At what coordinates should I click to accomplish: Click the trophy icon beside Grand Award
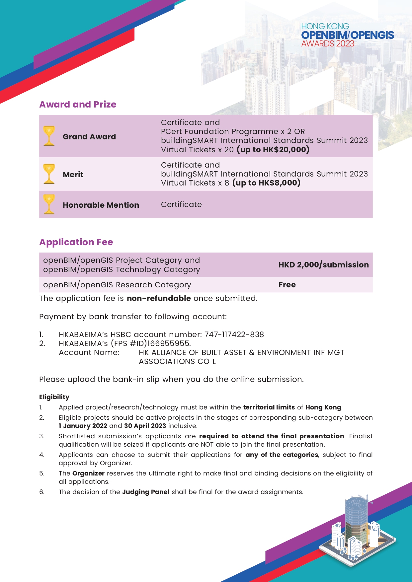(x=49, y=136)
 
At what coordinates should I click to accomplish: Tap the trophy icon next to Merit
(x=49, y=174)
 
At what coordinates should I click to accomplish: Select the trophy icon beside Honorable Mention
(x=49, y=204)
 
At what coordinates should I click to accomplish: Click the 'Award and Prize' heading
(x=78, y=105)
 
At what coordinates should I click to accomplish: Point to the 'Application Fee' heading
(x=76, y=242)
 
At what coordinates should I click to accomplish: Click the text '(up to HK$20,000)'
(x=273, y=150)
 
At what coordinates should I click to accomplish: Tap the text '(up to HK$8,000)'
(x=266, y=183)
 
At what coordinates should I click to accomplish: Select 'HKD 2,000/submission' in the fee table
(x=323, y=265)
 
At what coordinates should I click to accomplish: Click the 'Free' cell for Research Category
(x=287, y=285)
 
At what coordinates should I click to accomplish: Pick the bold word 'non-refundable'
(x=159, y=298)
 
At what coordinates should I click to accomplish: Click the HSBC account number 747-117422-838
(x=234, y=334)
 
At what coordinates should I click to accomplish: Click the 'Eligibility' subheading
(x=54, y=397)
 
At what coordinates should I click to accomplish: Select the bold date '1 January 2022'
(x=83, y=426)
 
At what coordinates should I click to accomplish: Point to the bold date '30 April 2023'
(x=145, y=426)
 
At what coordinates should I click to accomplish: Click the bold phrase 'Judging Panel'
(x=146, y=492)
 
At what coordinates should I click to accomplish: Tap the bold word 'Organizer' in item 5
(x=88, y=473)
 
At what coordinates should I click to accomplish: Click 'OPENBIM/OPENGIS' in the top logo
(x=347, y=35)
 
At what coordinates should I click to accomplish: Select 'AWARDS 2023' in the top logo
(x=328, y=43)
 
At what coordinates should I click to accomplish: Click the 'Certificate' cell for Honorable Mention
(x=181, y=204)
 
